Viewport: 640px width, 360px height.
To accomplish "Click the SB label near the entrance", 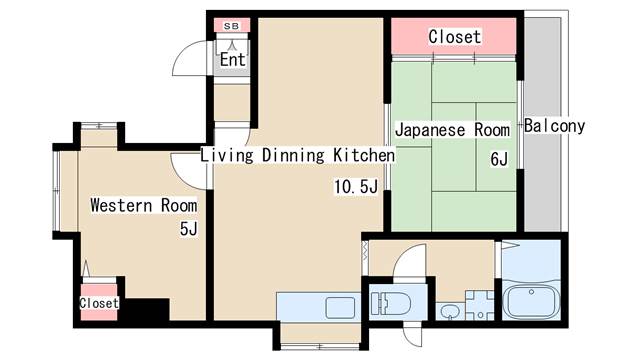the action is coord(231,26).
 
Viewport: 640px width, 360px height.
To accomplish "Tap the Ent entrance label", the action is coord(233,60).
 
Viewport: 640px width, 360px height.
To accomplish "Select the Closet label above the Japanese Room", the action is coord(455,37).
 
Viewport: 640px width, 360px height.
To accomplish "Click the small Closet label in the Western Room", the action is coord(99,303).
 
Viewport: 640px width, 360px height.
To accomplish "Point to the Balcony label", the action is coord(554,126).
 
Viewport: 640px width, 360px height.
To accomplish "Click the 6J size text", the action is coord(499,159).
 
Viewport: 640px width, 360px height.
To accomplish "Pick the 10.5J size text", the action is coord(356,187).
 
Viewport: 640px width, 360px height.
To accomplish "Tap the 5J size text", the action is coord(189,229).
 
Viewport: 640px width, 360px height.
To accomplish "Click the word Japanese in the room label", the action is coord(430,131).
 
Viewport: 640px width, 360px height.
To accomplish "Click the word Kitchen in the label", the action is coord(364,155).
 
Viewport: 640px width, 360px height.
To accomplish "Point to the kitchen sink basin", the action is coord(340,308).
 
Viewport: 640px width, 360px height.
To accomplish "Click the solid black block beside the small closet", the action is coord(147,309).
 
